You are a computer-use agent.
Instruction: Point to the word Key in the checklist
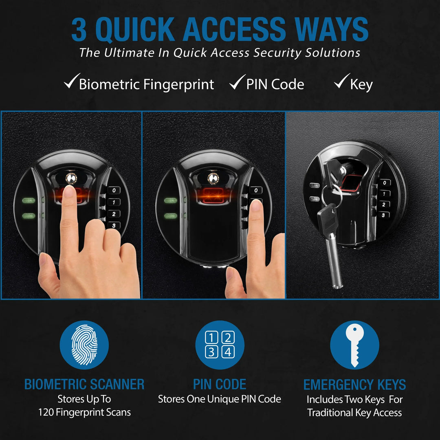361,85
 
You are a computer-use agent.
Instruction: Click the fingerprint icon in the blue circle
84,345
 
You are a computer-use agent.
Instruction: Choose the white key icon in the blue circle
354,345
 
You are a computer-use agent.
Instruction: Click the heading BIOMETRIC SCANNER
84,384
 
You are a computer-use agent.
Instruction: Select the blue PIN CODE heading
220,384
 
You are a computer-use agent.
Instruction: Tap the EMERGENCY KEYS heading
354,385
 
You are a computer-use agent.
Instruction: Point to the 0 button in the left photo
114,190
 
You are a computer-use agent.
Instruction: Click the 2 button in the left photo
114,214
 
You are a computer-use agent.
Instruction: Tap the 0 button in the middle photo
255,190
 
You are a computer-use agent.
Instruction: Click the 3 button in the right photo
383,215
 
